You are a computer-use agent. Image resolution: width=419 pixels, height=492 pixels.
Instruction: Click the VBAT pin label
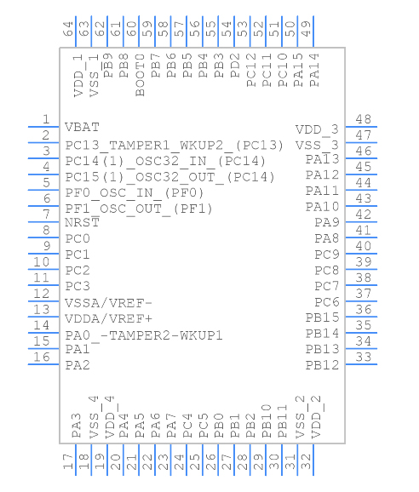pyautogui.click(x=82, y=127)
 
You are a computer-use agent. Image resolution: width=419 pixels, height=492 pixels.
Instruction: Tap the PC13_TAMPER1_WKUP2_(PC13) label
pyautogui.click(x=175, y=145)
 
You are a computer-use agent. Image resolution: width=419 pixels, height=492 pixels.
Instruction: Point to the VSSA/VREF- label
pyautogui.click(x=108, y=302)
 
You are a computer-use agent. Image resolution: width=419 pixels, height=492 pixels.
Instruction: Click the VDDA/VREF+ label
pyautogui.click(x=109, y=318)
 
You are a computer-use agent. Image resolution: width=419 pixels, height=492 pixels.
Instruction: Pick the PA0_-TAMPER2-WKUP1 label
pyautogui.click(x=144, y=335)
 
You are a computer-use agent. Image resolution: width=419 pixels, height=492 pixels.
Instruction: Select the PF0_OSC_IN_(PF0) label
pyautogui.click(x=135, y=192)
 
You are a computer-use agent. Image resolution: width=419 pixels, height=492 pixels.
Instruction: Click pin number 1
pyautogui.click(x=45, y=119)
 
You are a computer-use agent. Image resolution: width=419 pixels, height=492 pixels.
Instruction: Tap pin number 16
pyautogui.click(x=41, y=358)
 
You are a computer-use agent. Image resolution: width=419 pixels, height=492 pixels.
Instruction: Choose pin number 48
pyautogui.click(x=364, y=119)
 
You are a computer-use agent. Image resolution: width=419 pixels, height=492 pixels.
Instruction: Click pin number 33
pyautogui.click(x=364, y=358)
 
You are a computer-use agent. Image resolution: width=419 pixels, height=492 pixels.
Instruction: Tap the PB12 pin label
pyautogui.click(x=323, y=366)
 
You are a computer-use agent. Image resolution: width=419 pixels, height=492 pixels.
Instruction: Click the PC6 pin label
pyautogui.click(x=327, y=302)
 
